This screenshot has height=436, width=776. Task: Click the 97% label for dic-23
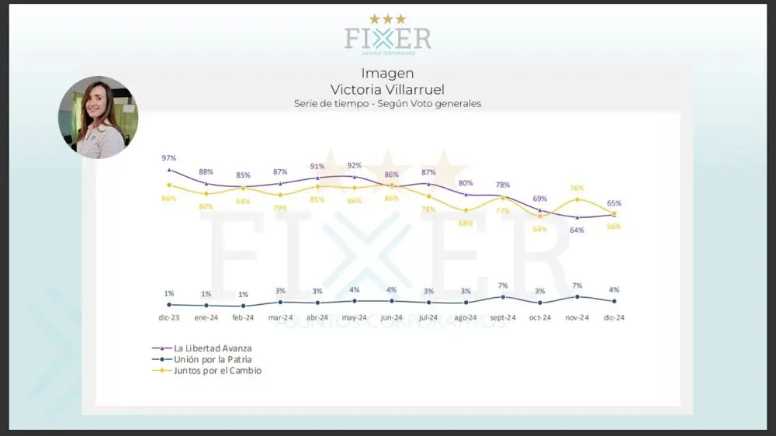[168, 158]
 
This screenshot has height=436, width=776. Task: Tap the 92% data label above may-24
[355, 165]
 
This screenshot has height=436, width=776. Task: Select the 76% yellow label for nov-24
[577, 189]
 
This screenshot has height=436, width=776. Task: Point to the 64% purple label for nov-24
[577, 230]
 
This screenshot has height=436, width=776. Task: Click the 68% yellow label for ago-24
[466, 223]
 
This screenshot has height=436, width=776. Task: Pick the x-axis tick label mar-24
[280, 317]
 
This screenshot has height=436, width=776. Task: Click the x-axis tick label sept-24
[503, 317]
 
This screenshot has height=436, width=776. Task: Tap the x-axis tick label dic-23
[168, 317]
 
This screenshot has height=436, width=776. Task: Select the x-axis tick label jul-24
[428, 317]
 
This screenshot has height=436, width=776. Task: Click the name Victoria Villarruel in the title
[387, 89]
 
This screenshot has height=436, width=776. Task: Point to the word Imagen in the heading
[387, 74]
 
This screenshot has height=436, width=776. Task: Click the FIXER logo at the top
[387, 37]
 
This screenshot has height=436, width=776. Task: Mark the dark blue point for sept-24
[503, 296]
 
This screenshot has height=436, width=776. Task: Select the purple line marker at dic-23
[169, 170]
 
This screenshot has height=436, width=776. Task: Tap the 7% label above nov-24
[577, 286]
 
